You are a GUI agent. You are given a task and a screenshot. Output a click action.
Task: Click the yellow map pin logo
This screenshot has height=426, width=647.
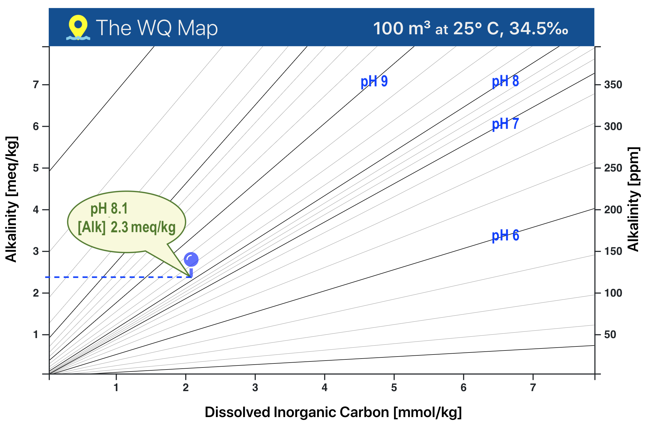[78, 27]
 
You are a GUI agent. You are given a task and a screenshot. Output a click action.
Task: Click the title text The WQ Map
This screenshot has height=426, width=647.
[157, 28]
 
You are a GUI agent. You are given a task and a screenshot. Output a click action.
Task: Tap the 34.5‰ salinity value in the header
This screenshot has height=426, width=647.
[539, 29]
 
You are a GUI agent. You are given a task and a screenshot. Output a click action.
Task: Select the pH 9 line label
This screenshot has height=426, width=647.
[374, 81]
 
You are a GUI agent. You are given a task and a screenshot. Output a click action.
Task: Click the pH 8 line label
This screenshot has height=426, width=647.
[505, 81]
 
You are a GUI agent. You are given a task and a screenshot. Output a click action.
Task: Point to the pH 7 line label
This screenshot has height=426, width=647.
[505, 124]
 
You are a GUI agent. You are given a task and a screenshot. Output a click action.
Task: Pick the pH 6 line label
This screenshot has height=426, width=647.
[505, 235]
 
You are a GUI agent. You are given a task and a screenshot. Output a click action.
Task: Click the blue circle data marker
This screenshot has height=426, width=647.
[191, 259]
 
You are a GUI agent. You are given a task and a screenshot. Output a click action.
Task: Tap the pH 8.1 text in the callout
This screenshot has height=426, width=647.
[109, 208]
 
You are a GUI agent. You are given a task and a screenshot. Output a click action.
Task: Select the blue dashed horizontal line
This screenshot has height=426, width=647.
[115, 277]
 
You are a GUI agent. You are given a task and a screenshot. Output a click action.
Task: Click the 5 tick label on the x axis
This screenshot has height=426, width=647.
[394, 388]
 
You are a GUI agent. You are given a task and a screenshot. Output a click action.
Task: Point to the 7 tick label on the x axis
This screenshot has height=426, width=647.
[533, 388]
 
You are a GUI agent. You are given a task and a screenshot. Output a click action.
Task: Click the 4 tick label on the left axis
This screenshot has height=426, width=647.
[36, 210]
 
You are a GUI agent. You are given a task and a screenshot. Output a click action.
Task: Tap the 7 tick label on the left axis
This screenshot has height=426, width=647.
[36, 85]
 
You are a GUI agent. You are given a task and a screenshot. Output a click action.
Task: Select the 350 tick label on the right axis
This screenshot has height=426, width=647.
[613, 85]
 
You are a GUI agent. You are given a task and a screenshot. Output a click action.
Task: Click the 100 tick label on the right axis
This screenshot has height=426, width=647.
[613, 293]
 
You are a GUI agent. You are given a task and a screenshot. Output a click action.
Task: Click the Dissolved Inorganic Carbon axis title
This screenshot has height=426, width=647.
[333, 412]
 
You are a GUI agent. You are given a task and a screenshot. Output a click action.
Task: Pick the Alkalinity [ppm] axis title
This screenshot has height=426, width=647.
[633, 199]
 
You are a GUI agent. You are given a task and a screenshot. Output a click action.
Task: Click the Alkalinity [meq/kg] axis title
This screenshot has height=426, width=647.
[12, 199]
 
